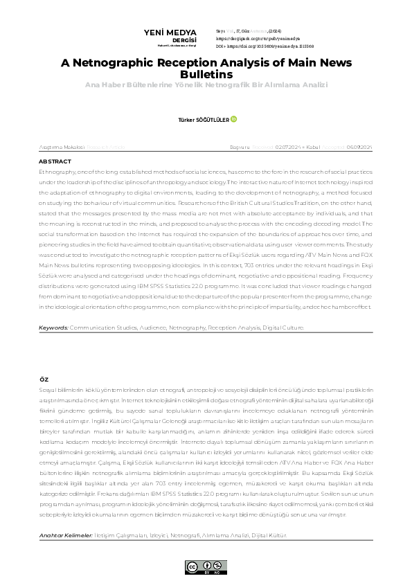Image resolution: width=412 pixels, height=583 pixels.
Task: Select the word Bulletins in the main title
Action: [206, 73]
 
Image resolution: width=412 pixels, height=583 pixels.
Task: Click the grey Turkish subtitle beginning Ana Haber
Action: [206, 84]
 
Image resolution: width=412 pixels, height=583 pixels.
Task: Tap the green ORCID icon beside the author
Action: [234, 119]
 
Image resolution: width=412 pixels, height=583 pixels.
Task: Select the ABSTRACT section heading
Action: [55, 161]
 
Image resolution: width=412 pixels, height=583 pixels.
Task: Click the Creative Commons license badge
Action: [206, 566]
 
